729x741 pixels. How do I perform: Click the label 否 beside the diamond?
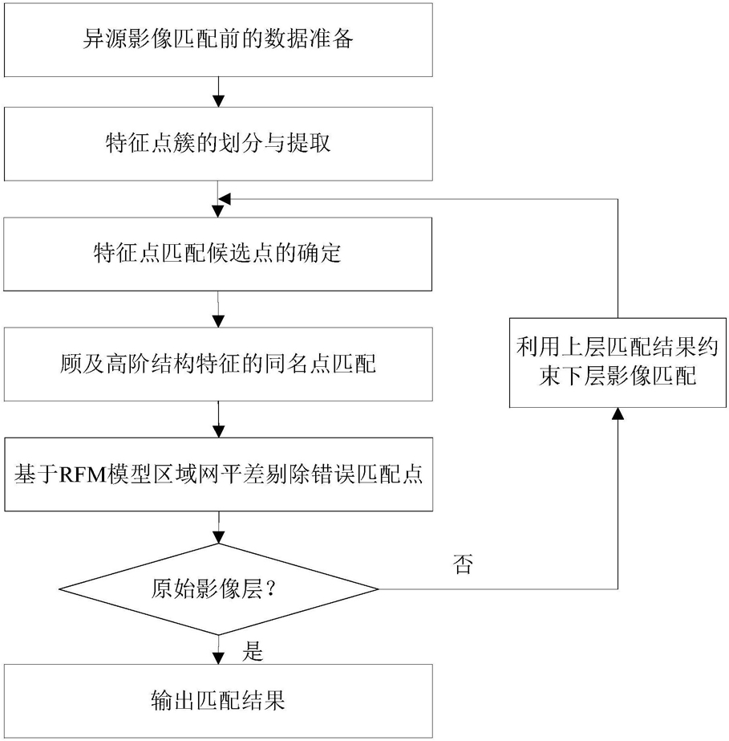pos(463,564)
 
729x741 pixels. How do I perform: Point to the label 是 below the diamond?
pos(253,651)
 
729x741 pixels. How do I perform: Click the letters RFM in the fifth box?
pos(83,474)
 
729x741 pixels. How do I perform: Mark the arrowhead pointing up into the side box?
pos(618,413)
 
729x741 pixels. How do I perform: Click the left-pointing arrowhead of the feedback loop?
pos(225,199)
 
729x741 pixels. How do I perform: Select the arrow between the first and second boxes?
pos(218,92)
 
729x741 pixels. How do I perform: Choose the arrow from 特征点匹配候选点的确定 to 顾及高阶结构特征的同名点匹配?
pos(218,310)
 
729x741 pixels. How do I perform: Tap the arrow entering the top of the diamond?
pos(219,527)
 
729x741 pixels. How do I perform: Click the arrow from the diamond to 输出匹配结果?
pos(218,649)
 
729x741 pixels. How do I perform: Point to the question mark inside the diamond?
pos(271,588)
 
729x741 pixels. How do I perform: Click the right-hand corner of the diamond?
pos(379,588)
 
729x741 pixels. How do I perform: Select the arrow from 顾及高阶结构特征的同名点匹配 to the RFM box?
pos(219,420)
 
